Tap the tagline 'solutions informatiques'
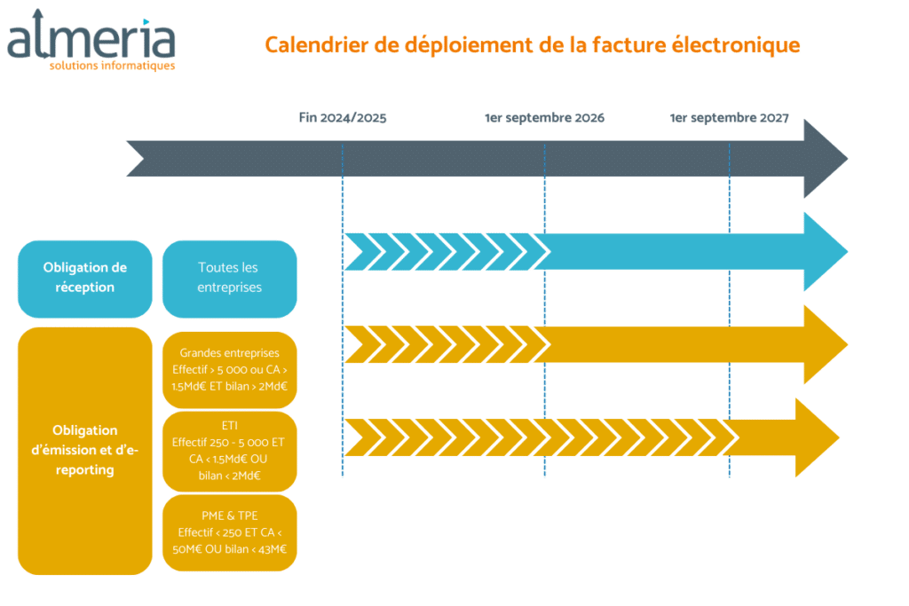(x=112, y=66)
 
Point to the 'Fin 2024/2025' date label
(x=343, y=118)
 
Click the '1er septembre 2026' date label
(x=544, y=118)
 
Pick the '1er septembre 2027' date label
(x=730, y=118)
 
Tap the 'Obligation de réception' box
(x=85, y=279)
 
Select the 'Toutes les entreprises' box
(x=230, y=279)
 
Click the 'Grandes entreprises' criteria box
(x=230, y=370)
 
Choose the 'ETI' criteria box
(x=230, y=451)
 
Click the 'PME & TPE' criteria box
(x=230, y=532)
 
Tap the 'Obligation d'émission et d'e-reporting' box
(x=85, y=451)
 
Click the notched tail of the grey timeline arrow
(x=136, y=159)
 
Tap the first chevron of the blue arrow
(x=355, y=252)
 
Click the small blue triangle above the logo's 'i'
(x=146, y=22)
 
